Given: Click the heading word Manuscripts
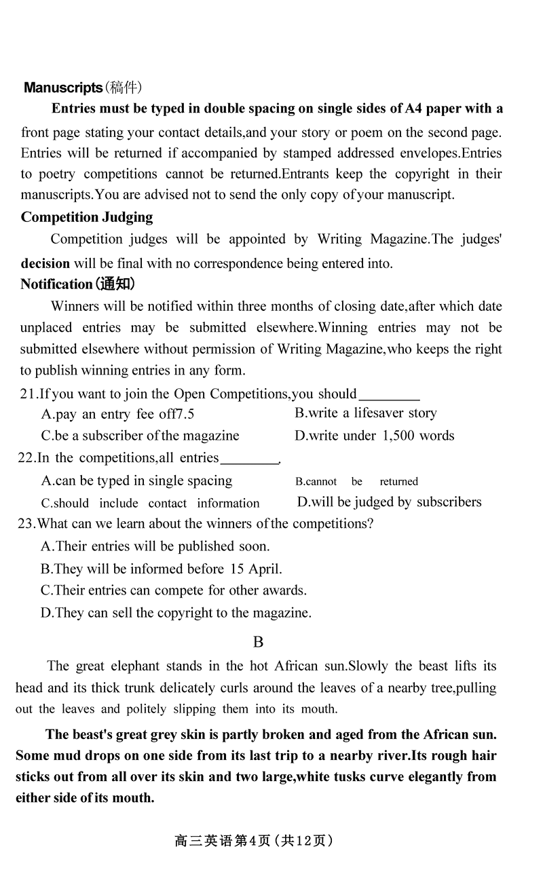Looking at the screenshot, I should tap(62, 88).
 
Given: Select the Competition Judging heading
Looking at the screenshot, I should tap(87, 217).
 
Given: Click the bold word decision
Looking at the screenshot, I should tap(45, 263).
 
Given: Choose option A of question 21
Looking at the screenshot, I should tap(117, 414).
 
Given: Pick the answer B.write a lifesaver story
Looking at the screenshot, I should tap(366, 413).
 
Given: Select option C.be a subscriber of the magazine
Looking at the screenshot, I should tap(140, 436).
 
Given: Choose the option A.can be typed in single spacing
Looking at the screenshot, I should tap(136, 481).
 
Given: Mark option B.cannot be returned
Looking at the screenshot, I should tap(356, 482).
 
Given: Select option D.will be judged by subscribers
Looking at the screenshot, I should tap(389, 502).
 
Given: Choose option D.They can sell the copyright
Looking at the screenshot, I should tap(176, 613).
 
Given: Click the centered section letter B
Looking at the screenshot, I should tap(258, 642).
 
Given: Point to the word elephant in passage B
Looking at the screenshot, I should tap(131, 666).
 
